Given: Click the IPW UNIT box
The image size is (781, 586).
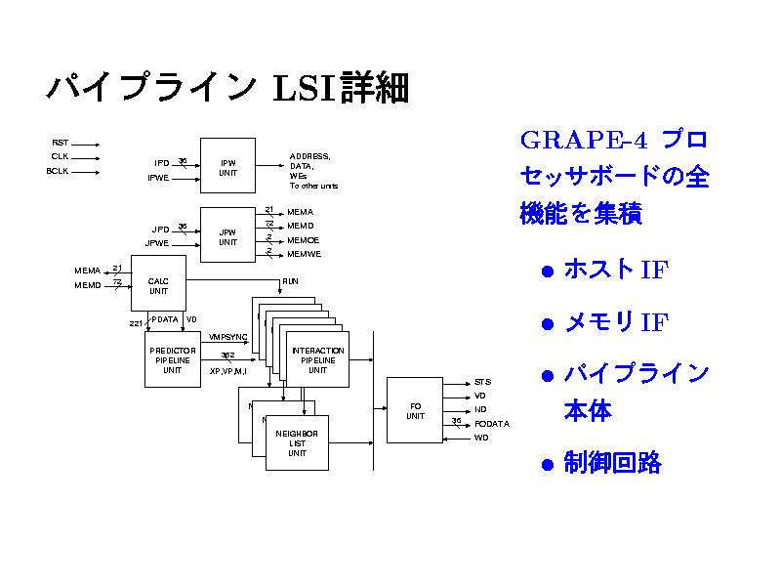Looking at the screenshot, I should click(x=227, y=166).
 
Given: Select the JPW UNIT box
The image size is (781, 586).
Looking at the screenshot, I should click(x=227, y=235).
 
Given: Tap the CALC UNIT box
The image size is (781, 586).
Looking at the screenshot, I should click(x=158, y=285).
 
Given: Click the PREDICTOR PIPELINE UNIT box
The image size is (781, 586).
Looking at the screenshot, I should click(x=172, y=359).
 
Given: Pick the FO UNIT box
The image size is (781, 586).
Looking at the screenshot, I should click(x=415, y=410).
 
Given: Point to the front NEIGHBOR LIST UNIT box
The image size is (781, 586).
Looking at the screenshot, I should click(x=298, y=442).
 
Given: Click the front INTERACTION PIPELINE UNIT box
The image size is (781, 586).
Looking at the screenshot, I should click(x=318, y=360).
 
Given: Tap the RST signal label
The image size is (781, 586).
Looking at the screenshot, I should click(x=60, y=143).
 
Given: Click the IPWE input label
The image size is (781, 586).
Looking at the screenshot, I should click(x=158, y=178).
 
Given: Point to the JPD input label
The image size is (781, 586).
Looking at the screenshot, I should click(x=161, y=229).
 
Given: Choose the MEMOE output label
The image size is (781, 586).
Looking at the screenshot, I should click(x=303, y=239).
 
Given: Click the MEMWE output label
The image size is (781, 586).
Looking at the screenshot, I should click(x=303, y=254).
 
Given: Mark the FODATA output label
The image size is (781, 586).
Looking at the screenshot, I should click(x=492, y=423).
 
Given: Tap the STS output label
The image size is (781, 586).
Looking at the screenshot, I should click(x=482, y=382).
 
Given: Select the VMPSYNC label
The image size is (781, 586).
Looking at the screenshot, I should click(x=228, y=337).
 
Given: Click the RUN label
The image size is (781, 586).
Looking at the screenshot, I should click(x=290, y=281).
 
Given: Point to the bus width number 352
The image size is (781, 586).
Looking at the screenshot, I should click(x=226, y=355).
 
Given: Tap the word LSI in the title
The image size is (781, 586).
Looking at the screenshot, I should click(x=306, y=89).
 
